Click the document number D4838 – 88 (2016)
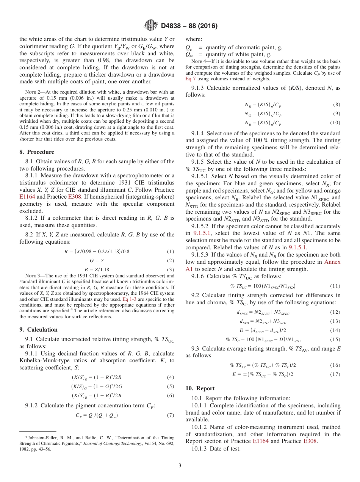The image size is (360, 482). tap(189, 26)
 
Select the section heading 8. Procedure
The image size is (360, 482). tap(37, 152)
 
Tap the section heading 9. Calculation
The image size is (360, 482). tap(38, 330)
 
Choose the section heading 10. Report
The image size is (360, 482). tap(200, 388)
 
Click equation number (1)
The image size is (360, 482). tap(171, 252)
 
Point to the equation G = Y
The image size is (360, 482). tap(97, 261)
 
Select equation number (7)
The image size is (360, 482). tap(171, 415)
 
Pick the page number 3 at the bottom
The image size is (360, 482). tap(180, 465)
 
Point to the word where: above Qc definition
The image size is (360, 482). tap(194, 39)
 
